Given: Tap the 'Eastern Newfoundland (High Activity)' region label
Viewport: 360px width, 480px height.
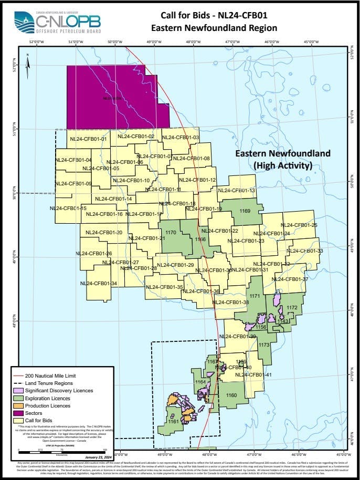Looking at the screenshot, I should click(282, 160).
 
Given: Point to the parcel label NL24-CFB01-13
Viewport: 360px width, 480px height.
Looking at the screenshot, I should click(237, 191).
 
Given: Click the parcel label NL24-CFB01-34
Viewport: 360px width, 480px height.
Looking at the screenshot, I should click(98, 284).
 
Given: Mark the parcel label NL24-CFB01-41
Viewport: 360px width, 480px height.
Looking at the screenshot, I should click(253, 375).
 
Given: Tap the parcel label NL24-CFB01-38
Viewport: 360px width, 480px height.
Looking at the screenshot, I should click(231, 302).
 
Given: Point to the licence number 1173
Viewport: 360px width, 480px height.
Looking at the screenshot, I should click(263, 345).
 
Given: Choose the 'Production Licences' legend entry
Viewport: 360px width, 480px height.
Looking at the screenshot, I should click(52, 405).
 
